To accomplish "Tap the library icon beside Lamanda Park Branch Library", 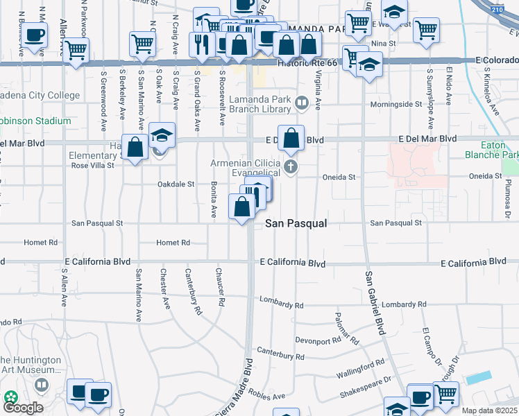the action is pos(302,104).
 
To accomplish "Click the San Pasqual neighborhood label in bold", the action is pos(296,224).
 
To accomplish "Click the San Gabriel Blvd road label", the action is pos(373,303).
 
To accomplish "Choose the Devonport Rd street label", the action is pos(316,340).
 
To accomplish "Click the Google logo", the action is pos(23,407).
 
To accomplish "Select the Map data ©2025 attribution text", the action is pos(489,410).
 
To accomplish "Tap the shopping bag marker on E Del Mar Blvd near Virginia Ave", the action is pos(291,137).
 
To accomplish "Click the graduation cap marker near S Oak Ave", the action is pos(162,135).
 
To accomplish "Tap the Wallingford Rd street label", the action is pos(361,365).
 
